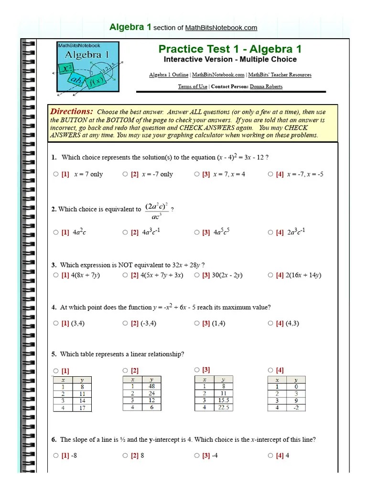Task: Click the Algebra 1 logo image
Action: coord(88,67)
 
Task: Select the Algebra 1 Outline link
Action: coord(169,75)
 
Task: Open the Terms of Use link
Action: coord(193,86)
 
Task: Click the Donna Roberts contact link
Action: coord(266,86)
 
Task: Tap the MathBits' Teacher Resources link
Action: coord(280,75)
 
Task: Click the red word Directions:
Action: coord(72,111)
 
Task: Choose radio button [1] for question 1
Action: coord(56,174)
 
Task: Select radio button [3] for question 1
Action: coord(197,174)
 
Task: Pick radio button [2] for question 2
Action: coord(125,233)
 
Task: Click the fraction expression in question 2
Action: coord(156,211)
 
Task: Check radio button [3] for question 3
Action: coord(197,275)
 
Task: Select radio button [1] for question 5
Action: coord(56,371)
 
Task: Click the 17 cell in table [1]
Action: coord(82,408)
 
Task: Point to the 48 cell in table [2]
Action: coord(151,386)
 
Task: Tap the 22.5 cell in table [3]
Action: coord(223,407)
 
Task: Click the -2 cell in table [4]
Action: coord(295,408)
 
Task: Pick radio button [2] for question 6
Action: coord(125,456)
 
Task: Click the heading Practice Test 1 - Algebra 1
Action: coord(230,49)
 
